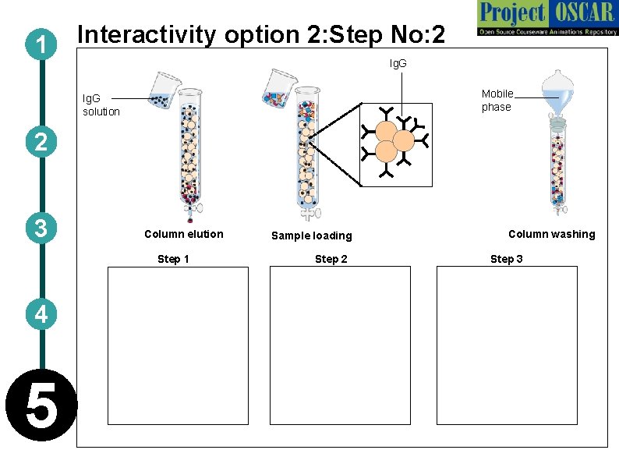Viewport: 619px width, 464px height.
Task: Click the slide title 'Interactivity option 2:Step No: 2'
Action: pos(262,35)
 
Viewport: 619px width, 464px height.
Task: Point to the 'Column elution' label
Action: pos(184,234)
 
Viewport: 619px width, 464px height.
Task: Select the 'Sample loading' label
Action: pos(311,236)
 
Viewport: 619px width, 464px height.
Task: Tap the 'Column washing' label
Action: pos(551,234)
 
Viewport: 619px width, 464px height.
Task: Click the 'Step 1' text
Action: pos(173,259)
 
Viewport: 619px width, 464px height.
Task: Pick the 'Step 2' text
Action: pos(331,259)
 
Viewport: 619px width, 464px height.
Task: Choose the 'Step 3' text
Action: pos(507,259)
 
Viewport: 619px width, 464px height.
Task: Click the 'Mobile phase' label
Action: pos(497,101)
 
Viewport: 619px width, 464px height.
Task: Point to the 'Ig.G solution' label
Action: pos(101,105)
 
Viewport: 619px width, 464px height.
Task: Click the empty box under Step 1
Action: pos(178,345)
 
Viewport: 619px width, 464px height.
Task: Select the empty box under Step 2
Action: pos(340,345)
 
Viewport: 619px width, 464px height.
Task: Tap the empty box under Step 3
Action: pos(507,345)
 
